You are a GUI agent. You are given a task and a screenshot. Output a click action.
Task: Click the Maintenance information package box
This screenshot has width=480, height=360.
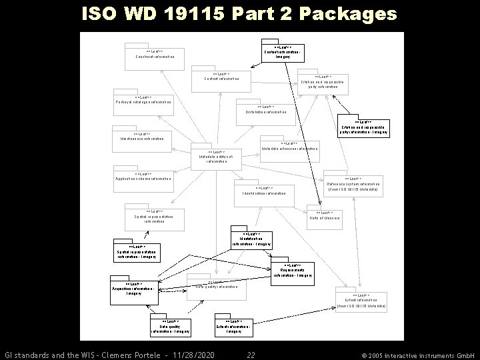click(142, 137)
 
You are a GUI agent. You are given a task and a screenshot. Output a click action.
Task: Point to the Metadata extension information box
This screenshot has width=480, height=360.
click(290, 147)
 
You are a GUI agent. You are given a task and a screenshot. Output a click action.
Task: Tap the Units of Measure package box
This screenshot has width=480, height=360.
click(325, 215)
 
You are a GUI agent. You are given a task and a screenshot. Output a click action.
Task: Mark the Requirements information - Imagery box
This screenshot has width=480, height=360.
click(292, 271)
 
